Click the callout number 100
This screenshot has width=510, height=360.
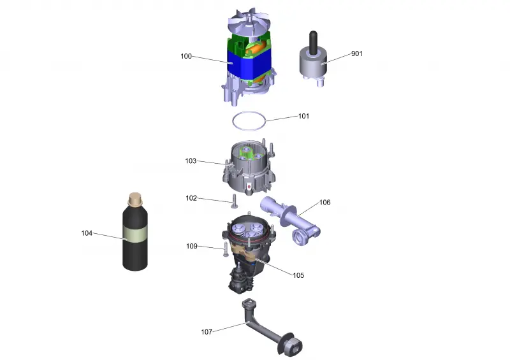click(x=186, y=56)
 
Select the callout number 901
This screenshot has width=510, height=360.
click(x=357, y=54)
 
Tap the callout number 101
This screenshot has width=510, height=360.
click(x=304, y=116)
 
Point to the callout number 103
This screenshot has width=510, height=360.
click(x=191, y=161)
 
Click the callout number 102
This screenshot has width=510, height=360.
click(x=191, y=198)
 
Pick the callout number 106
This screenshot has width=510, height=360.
click(x=325, y=202)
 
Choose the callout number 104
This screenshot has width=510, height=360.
click(x=87, y=233)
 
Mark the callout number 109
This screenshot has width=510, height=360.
click(x=192, y=246)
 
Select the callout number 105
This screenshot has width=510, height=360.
click(x=298, y=275)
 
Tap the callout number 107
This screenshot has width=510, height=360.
click(x=207, y=332)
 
